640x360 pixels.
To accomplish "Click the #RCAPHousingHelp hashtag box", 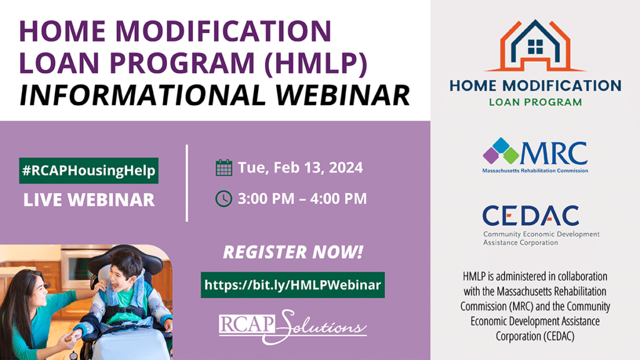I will [x=87, y=171].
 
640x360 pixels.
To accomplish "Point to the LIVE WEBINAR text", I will [x=88, y=200].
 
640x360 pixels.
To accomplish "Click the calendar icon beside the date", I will [x=223, y=167].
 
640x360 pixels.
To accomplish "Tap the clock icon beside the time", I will [x=223, y=199].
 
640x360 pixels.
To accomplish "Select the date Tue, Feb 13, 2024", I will [x=300, y=167].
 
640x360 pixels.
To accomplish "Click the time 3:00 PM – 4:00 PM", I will [x=301, y=199].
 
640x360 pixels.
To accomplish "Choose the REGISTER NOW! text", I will [x=292, y=254].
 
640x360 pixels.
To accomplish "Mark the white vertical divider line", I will [x=187, y=182].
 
